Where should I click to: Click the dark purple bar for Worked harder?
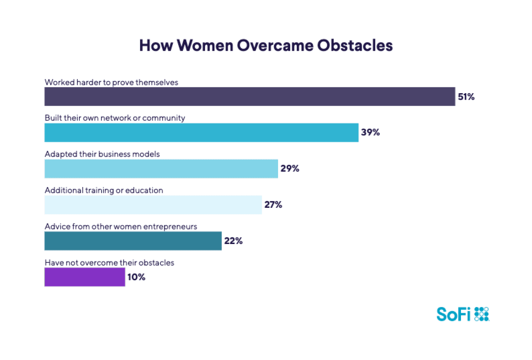[x=249, y=96]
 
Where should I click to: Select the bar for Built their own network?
[x=201, y=133]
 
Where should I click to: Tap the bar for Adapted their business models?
[x=161, y=169]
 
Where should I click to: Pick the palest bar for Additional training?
[x=153, y=205]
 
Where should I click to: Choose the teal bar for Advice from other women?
[x=133, y=241]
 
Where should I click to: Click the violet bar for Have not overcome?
[x=85, y=277]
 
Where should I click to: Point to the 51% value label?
[x=466, y=97]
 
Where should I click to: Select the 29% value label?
[x=290, y=169]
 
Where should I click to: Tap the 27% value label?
[x=273, y=205]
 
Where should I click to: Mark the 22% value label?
[x=233, y=241]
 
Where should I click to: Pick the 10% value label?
[x=136, y=277]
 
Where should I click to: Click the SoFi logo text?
[x=453, y=314]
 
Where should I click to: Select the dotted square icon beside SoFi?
[x=482, y=314]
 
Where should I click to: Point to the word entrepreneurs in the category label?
[x=174, y=227]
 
